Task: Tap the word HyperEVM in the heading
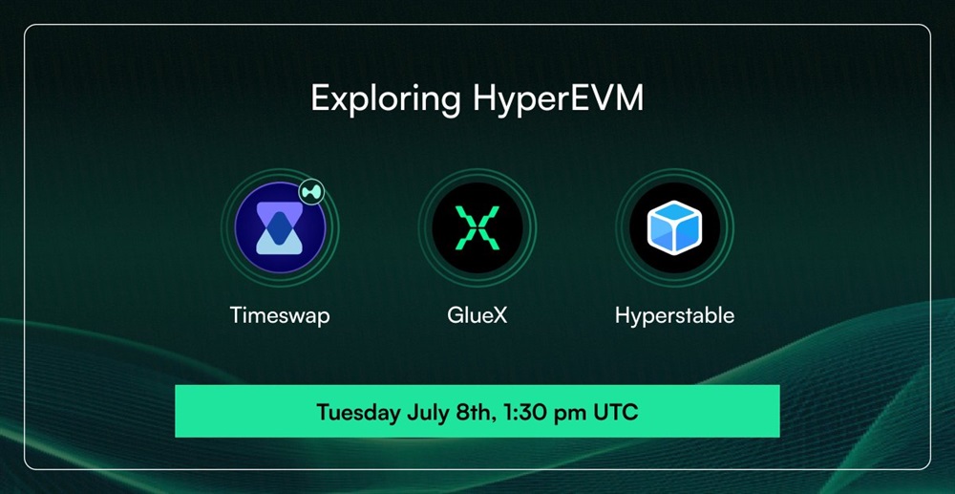(558, 98)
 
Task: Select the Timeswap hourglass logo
(280, 227)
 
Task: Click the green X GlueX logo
(477, 227)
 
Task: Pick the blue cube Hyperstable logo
(675, 227)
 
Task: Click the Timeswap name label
(280, 315)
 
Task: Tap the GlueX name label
(477, 315)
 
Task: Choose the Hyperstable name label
(675, 316)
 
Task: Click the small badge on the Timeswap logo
(311, 192)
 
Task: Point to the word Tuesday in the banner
(359, 413)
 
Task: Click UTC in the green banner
(616, 413)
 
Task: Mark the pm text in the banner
(569, 415)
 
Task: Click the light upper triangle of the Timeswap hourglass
(280, 209)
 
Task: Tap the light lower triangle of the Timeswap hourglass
(280, 245)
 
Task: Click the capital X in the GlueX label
(499, 315)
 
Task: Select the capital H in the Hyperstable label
(623, 315)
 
